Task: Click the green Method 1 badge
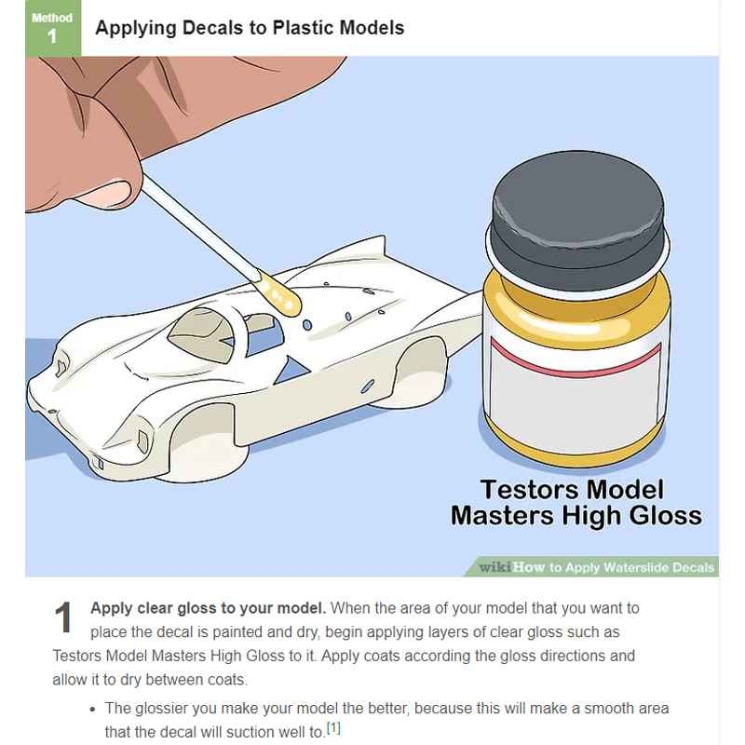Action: (53, 28)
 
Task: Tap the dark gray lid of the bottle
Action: (577, 220)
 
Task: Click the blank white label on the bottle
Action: (576, 403)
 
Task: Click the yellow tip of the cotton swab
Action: (280, 295)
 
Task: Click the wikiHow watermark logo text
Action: (511, 567)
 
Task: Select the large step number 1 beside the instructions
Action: (63, 617)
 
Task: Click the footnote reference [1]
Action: (333, 728)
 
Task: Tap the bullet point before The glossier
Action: (92, 710)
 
